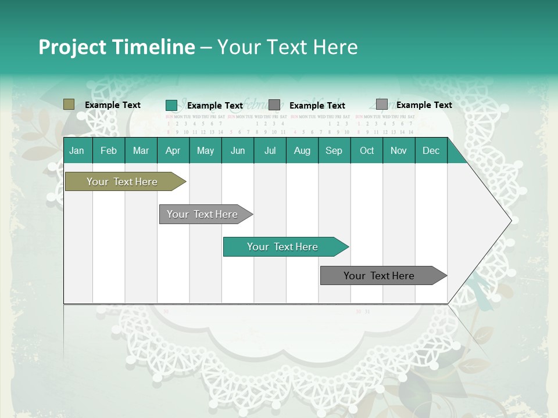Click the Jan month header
coord(77,150)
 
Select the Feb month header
coord(109,150)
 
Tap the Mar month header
coord(141,150)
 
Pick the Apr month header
coord(173,150)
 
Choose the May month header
coord(205,150)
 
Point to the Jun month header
coord(238,150)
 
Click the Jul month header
coord(270,150)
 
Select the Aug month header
coord(302,150)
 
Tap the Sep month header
coord(334,150)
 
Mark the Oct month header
coord(367,150)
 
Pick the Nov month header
coord(399,150)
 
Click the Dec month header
coord(431,150)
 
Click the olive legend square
coord(69,105)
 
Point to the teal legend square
coord(171,105)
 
